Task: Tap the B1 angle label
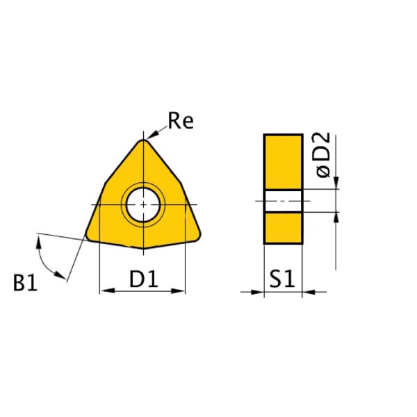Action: (x=25, y=284)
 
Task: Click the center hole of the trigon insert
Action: (x=142, y=204)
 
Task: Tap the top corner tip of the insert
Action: (x=143, y=141)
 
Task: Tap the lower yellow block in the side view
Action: (x=283, y=227)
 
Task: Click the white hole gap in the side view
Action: (x=283, y=201)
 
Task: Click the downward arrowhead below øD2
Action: (x=336, y=184)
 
